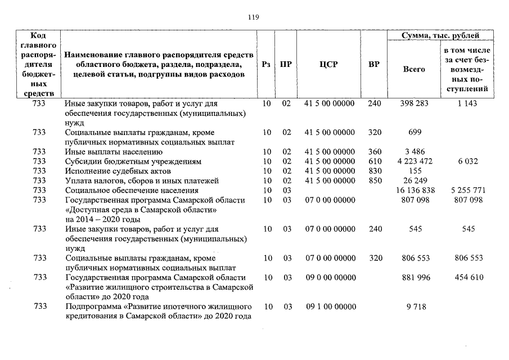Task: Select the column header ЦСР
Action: point(328,64)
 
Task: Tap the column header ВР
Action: point(373,64)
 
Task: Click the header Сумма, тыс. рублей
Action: point(440,35)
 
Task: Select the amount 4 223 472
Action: point(414,161)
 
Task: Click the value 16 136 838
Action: point(414,191)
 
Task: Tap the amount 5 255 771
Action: point(467,191)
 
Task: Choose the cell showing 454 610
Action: point(467,277)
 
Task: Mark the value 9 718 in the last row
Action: point(414,307)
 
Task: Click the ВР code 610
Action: point(374,161)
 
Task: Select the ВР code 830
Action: point(374,171)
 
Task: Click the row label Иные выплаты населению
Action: point(110,152)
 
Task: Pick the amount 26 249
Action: point(414,181)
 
